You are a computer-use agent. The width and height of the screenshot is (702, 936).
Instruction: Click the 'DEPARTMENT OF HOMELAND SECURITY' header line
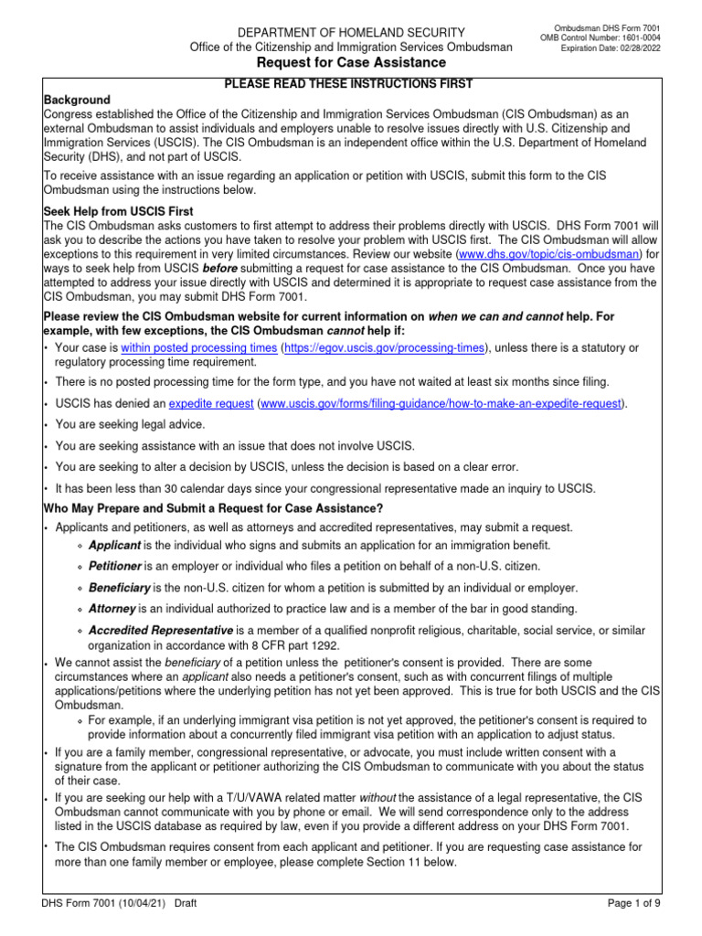click(x=338, y=32)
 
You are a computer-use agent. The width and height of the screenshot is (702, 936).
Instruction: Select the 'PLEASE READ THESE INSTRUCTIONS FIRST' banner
click(x=348, y=84)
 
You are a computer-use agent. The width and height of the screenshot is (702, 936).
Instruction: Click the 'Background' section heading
click(x=77, y=99)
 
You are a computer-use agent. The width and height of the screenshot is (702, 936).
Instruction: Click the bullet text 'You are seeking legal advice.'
click(x=131, y=424)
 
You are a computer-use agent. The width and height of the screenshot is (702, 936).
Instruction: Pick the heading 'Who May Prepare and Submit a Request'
click(x=213, y=508)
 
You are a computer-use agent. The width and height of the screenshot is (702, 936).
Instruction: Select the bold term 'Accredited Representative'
click(x=161, y=631)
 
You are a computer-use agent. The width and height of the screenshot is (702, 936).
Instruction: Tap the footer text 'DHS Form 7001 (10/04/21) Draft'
click(x=119, y=904)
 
